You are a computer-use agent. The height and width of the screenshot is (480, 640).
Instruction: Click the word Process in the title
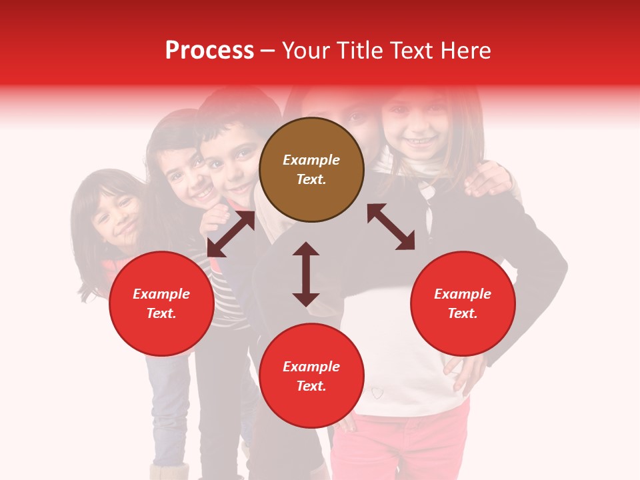click(x=209, y=51)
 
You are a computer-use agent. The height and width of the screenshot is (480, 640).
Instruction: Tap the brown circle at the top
click(x=311, y=169)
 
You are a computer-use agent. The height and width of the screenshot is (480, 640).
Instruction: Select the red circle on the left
click(x=161, y=303)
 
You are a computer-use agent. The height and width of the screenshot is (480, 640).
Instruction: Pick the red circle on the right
click(x=463, y=303)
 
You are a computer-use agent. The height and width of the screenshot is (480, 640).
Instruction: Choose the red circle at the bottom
click(x=311, y=376)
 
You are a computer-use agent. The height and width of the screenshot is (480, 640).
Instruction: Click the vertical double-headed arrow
click(x=306, y=274)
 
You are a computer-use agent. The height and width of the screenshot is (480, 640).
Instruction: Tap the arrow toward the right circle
click(x=391, y=227)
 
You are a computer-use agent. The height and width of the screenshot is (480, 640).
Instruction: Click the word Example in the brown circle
click(x=311, y=160)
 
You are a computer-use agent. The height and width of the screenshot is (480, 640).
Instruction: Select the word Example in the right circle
click(x=463, y=294)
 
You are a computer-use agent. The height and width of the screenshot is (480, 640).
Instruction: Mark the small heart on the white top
click(x=378, y=392)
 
